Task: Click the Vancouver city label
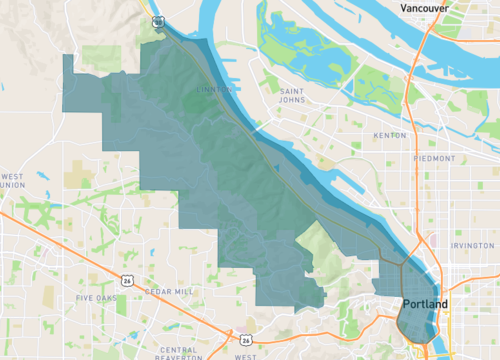tap(424, 8)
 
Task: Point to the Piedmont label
tap(434, 158)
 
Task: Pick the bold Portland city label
tap(425, 303)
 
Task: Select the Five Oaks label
tap(97, 298)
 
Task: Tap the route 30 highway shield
tap(158, 20)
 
